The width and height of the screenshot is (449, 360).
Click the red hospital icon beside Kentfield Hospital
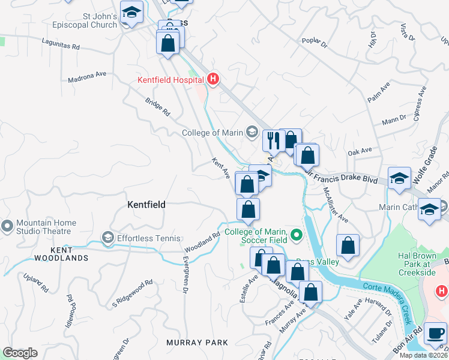click(212, 79)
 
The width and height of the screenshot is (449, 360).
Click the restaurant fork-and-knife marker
click(272, 141)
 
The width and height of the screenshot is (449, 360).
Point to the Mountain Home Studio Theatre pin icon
click(7, 226)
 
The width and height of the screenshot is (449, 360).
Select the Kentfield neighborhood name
click(146, 205)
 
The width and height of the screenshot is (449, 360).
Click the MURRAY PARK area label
click(197, 342)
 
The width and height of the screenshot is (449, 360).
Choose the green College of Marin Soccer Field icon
click(295, 235)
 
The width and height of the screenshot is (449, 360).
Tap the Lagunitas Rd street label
click(61, 43)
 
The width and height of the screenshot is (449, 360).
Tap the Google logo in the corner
click(20, 353)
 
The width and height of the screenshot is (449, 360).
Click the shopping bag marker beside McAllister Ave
click(348, 245)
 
